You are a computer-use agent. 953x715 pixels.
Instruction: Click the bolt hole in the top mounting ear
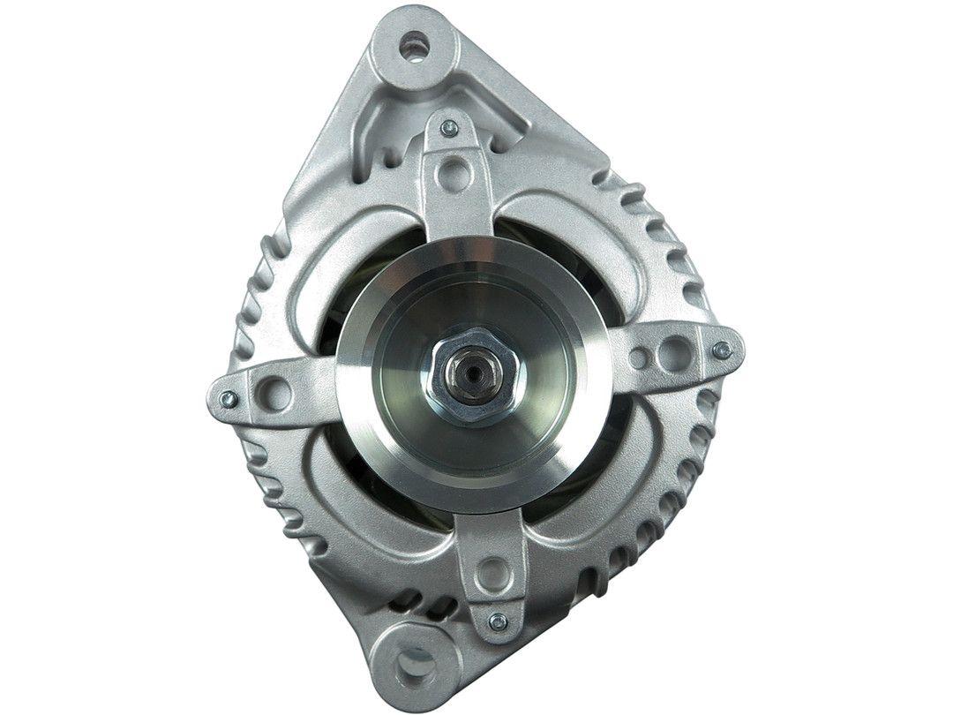click(x=412, y=46)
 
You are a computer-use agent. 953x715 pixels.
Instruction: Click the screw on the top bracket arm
click(x=448, y=128)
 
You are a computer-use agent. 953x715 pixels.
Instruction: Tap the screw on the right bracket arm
click(x=722, y=350)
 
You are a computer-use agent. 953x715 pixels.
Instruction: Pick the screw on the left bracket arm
click(x=227, y=398)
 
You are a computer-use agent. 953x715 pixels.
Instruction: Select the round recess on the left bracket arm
click(x=276, y=389)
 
